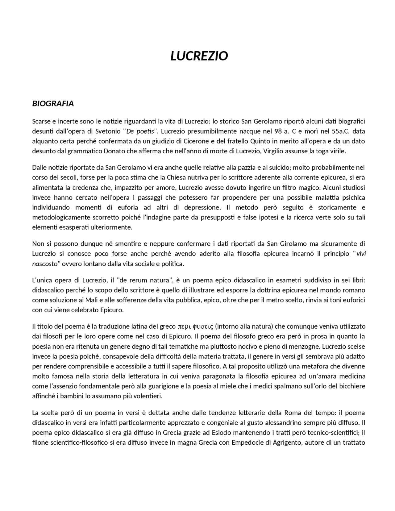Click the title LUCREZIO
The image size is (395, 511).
coord(199,56)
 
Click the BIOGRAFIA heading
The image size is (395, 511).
coord(53,104)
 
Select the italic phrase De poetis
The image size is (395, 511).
coord(140,131)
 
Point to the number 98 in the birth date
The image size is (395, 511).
coord(278,131)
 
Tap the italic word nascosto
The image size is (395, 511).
coord(45,264)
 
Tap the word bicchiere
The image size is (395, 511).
coord(352,386)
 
